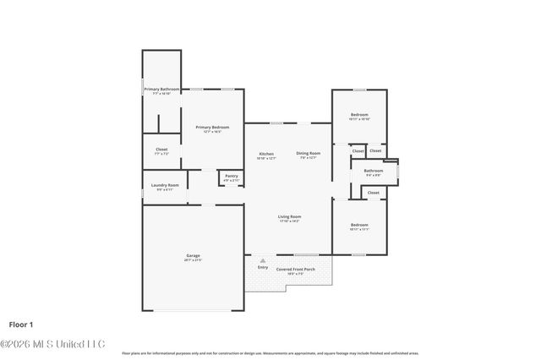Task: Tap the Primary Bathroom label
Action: [161, 89]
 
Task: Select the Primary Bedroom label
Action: [213, 128]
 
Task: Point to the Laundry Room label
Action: [165, 185]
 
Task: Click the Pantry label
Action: [231, 176]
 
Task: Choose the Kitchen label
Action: [266, 154]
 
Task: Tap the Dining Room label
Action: [307, 154]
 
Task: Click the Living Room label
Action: [290, 216]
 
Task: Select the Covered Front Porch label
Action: [296, 270]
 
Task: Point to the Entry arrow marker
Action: [262, 259]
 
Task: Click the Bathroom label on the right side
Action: [374, 171]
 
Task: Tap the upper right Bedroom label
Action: [359, 115]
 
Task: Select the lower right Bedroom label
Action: [359, 225]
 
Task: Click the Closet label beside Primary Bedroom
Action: [161, 150]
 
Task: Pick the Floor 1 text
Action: [22, 324]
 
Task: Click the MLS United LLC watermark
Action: [52, 343]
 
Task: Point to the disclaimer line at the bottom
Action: [270, 352]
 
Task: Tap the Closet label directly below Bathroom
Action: [373, 193]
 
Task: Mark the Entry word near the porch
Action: [263, 267]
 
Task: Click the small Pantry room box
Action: [231, 178]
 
